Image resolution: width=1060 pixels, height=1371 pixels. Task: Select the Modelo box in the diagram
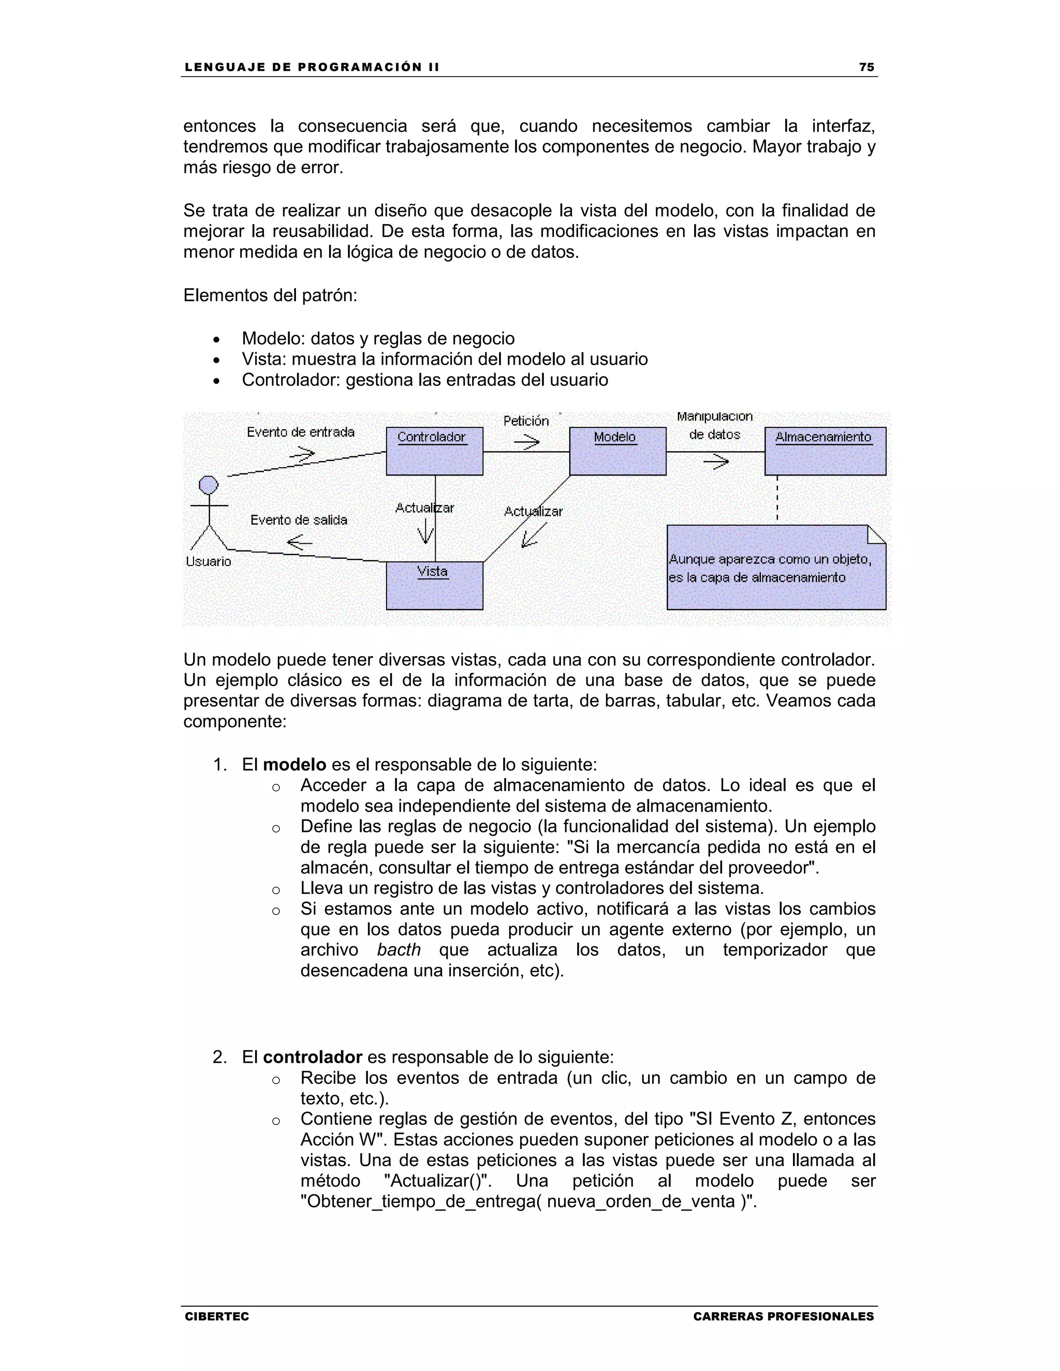tap(617, 451)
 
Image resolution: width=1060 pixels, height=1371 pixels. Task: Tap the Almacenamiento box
tap(825, 451)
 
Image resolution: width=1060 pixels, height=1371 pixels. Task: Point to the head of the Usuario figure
tap(209, 485)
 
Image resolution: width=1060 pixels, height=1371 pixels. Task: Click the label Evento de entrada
tap(300, 432)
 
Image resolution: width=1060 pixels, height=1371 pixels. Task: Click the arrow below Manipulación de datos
tap(715, 463)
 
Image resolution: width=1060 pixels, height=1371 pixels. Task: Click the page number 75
tap(866, 67)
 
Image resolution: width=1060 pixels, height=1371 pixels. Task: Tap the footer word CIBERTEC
tap(217, 1316)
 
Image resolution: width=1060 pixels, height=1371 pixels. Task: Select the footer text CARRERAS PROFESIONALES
tap(783, 1316)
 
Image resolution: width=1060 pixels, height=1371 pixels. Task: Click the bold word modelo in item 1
tap(294, 765)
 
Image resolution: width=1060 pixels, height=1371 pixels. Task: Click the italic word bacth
tap(399, 950)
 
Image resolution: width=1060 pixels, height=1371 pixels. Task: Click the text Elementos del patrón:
tap(270, 295)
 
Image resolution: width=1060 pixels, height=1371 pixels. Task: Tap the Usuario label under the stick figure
tap(209, 561)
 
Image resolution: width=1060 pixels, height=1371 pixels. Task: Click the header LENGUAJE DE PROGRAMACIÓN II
tap(312, 67)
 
